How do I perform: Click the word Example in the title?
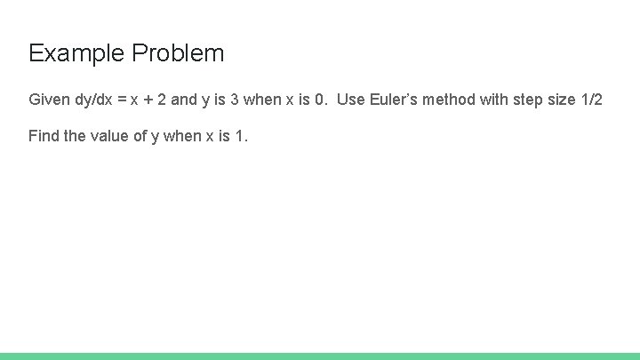click(x=77, y=53)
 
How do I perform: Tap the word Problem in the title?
click(x=178, y=53)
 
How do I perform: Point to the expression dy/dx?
click(x=92, y=100)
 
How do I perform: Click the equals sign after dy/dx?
click(x=122, y=100)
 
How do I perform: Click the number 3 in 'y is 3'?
click(x=235, y=100)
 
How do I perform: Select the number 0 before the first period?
click(x=319, y=100)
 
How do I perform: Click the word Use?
click(x=351, y=100)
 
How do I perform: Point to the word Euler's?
click(x=393, y=100)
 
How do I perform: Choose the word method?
click(x=451, y=100)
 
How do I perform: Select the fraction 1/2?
click(x=591, y=100)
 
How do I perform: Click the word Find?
click(x=44, y=136)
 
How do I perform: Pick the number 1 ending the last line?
click(x=240, y=136)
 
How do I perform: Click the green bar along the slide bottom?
click(x=320, y=356)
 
